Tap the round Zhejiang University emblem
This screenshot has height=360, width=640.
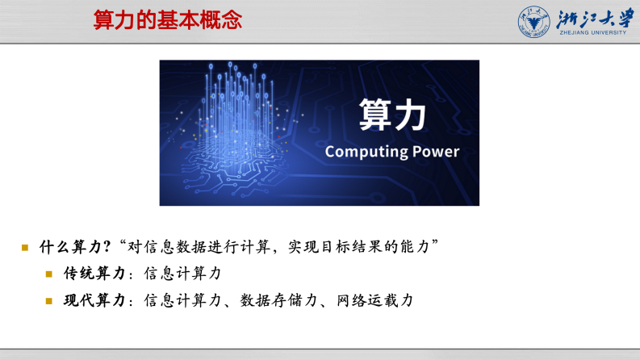click(533, 21)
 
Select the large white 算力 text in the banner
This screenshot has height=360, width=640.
click(391, 115)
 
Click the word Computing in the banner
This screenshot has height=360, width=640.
click(362, 152)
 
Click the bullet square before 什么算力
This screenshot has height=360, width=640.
click(25, 246)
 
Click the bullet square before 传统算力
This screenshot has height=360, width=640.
click(49, 274)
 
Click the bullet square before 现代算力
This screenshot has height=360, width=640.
click(49, 301)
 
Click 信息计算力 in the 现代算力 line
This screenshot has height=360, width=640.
click(182, 300)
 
